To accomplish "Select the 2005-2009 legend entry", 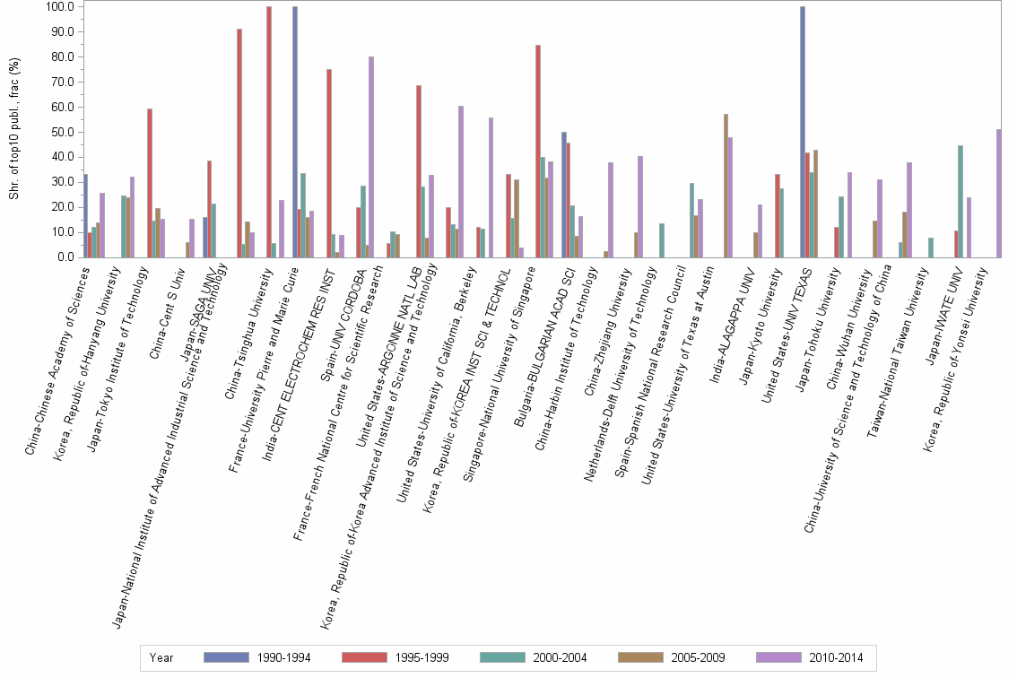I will [672, 657].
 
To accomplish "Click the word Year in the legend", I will [162, 657].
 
